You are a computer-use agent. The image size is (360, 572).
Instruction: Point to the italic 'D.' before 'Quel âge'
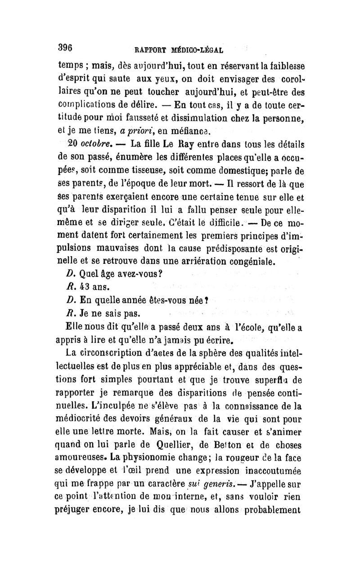click(70, 274)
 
